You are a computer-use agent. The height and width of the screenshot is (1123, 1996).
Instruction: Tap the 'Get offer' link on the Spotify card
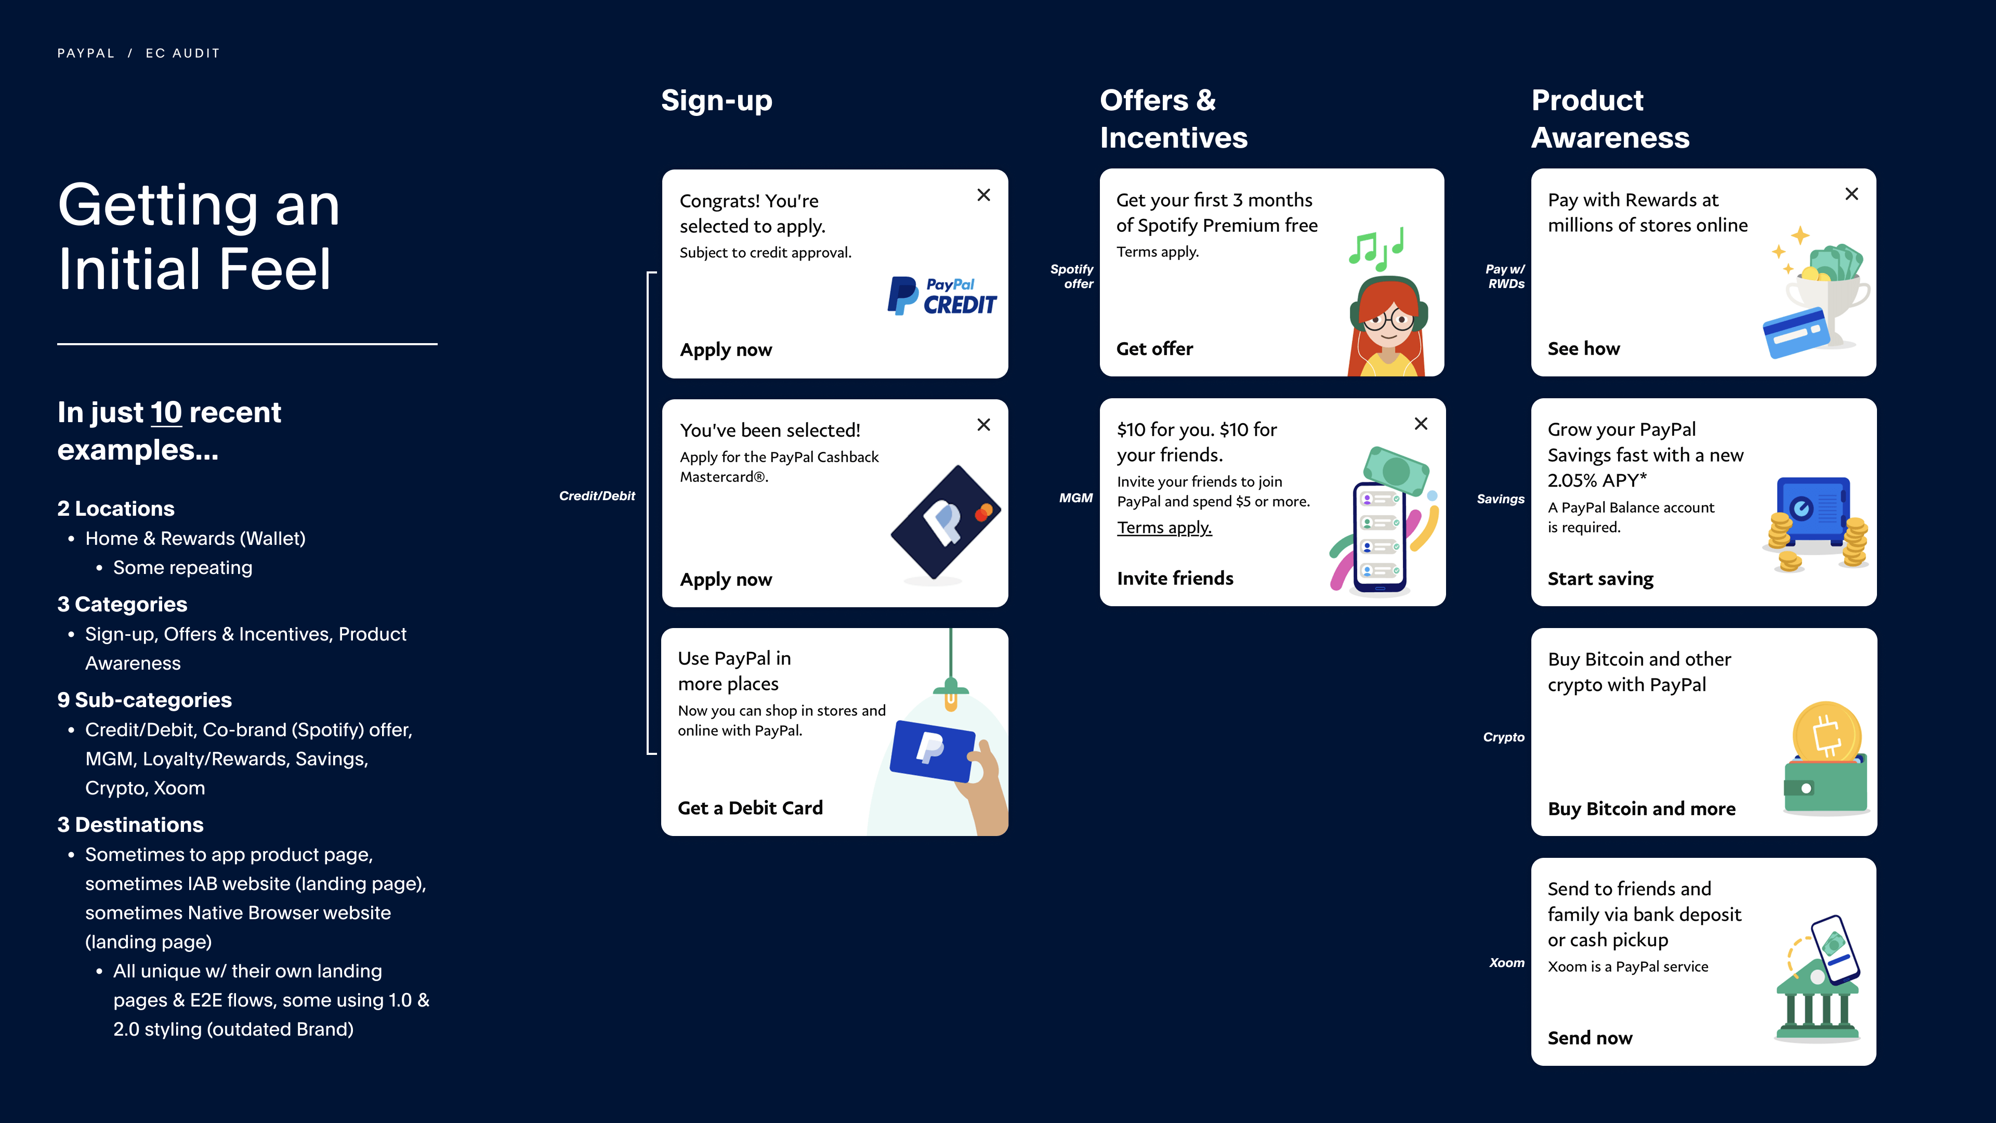pyautogui.click(x=1154, y=349)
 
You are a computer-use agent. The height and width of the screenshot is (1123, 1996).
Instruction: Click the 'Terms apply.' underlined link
pyautogui.click(x=1164, y=528)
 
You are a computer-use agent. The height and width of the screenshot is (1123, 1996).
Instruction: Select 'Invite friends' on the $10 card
pyautogui.click(x=1175, y=578)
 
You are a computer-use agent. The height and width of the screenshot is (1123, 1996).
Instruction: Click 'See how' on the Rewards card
pyautogui.click(x=1583, y=349)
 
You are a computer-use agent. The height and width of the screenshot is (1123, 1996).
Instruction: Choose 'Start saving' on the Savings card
pyautogui.click(x=1600, y=579)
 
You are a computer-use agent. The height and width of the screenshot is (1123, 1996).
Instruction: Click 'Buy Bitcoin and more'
pyautogui.click(x=1641, y=808)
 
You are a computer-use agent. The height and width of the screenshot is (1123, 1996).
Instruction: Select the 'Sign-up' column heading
pyautogui.click(x=717, y=101)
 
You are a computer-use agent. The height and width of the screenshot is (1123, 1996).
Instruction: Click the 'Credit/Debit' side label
pyautogui.click(x=597, y=496)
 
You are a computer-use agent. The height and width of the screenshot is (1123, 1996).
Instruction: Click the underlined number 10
pyautogui.click(x=166, y=412)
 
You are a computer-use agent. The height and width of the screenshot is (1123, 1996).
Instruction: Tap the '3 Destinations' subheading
pyautogui.click(x=130, y=825)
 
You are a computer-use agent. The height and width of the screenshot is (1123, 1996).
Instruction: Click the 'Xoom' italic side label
pyautogui.click(x=1506, y=962)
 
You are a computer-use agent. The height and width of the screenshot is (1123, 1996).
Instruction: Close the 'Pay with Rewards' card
pyautogui.click(x=1851, y=194)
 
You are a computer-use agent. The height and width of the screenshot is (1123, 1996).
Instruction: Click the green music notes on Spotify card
pyautogui.click(x=1376, y=250)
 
